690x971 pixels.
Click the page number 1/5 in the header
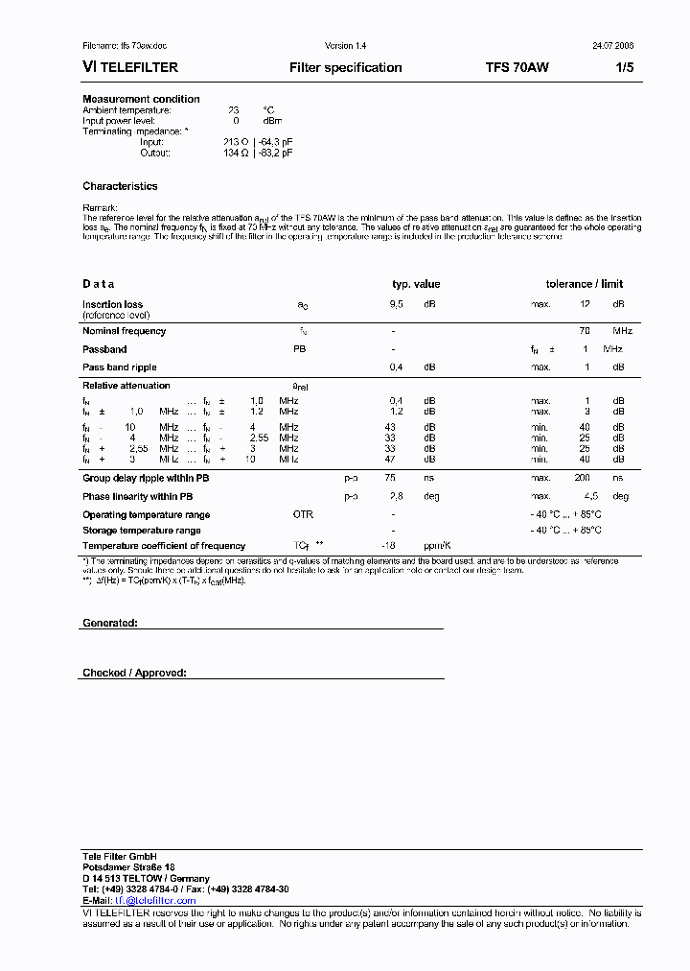pos(625,67)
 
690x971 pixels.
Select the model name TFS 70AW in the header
pos(517,67)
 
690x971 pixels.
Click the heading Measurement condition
pos(141,99)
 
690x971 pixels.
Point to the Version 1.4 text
pos(346,45)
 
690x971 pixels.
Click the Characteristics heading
pos(120,186)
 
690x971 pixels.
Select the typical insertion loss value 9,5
pos(396,304)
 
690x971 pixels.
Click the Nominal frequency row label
pos(124,331)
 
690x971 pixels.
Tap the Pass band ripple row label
pos(119,367)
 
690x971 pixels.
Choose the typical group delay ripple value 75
pos(390,477)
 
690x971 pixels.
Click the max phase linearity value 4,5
pos(590,496)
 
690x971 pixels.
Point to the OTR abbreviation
pos(303,514)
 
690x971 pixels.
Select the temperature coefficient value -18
pos(388,545)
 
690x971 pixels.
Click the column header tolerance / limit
pos(584,284)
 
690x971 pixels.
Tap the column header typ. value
pos(416,284)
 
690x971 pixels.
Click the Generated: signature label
pos(110,623)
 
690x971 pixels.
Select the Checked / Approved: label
pos(134,673)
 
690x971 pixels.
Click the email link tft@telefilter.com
pos(155,900)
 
